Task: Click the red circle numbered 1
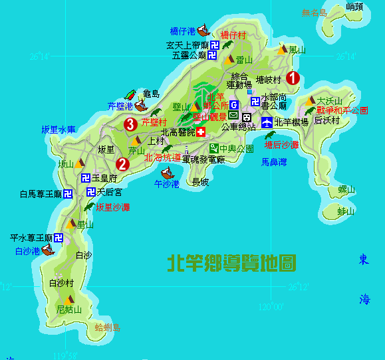293,78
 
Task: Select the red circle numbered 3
130,123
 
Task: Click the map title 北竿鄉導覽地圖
231,262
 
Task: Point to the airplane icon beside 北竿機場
266,122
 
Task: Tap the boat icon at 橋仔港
203,31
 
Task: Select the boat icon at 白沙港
47,250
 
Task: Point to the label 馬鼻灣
274,162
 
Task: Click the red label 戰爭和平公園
342,110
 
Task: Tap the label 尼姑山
68,310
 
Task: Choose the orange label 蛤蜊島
107,327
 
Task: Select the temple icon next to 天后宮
90,192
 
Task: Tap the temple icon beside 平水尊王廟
59,237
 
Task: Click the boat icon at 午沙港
167,173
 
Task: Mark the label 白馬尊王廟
41,194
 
